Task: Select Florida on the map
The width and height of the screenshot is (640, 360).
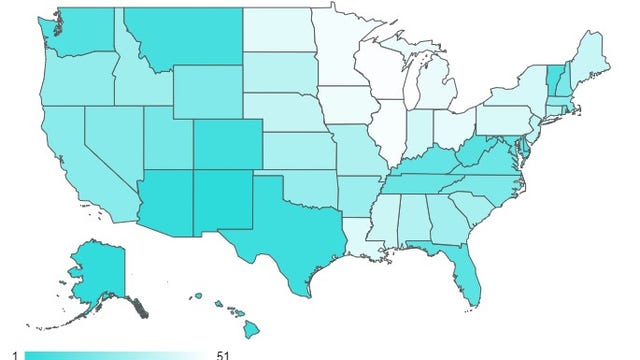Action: (x=461, y=268)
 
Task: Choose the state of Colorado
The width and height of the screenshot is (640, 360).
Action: (x=228, y=145)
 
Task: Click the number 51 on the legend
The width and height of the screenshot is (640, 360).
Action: (x=224, y=355)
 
